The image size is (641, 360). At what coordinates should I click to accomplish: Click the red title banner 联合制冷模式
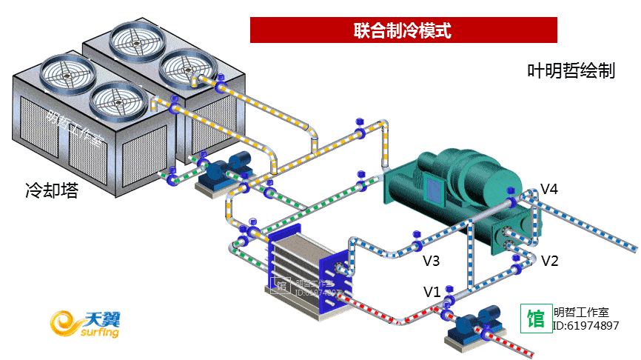coord(403,30)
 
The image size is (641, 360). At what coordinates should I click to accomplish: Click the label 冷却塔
coord(51,192)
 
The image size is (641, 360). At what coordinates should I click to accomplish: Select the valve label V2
coord(549,261)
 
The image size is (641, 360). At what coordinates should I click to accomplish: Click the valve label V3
coord(432,261)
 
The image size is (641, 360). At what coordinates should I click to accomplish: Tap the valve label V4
coord(548,189)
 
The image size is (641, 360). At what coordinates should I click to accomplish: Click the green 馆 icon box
coord(536,319)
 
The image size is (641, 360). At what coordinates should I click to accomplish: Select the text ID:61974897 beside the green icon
coord(586,326)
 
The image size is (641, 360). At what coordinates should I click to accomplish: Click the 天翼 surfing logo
coord(85,323)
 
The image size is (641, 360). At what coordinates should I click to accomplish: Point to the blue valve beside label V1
coord(448,301)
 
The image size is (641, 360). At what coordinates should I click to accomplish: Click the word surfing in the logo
coord(95,333)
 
